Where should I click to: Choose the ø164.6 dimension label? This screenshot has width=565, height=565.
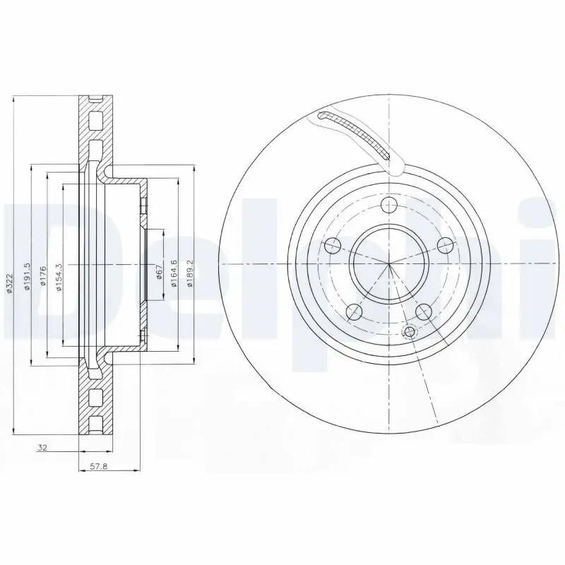[x=172, y=272]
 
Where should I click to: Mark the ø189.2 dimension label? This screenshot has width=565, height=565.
[x=190, y=272]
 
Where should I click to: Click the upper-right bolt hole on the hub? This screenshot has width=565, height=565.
[x=444, y=245]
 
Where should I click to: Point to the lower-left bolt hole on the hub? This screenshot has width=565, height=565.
[x=355, y=311]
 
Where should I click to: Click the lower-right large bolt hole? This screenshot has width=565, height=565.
[x=423, y=311]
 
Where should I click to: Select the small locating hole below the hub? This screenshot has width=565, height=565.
[x=408, y=332]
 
